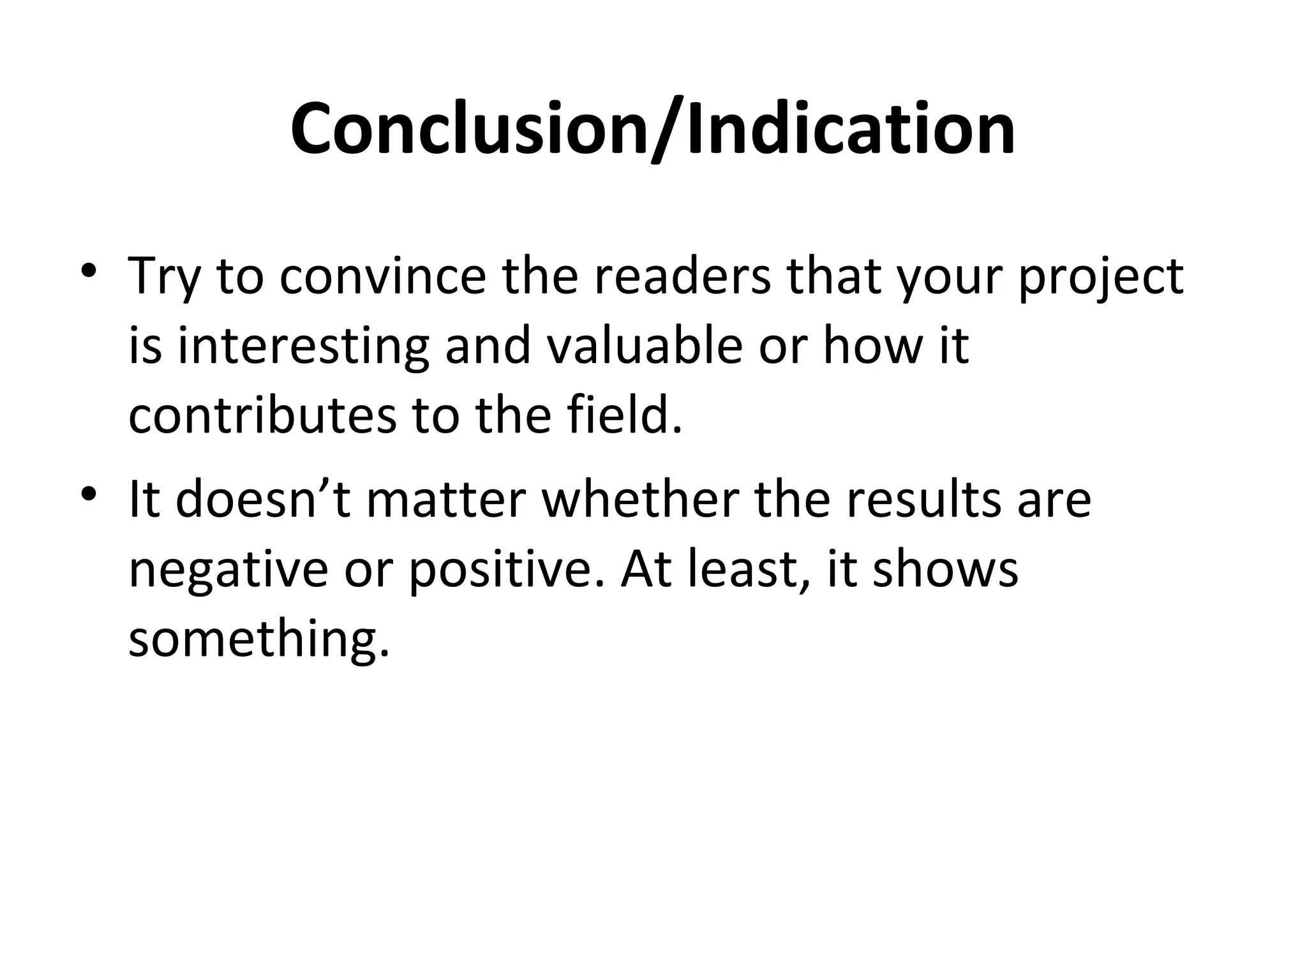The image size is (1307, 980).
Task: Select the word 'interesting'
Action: [303, 348]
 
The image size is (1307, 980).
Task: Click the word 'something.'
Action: [258, 640]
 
